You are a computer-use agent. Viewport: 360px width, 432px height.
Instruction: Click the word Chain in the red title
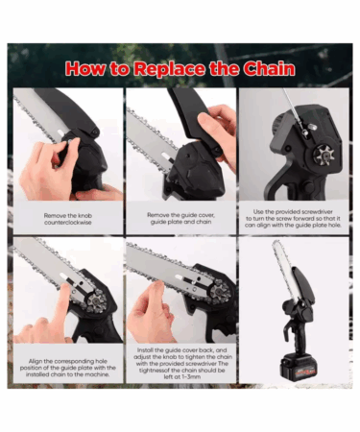pos(269,68)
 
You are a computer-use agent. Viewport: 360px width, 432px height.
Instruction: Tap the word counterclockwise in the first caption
pos(68,223)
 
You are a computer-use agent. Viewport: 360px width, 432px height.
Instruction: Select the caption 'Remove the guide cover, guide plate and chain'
pos(180,218)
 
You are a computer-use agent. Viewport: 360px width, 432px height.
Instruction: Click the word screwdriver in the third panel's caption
pos(312,212)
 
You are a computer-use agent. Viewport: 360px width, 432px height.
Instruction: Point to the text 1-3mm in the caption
pos(182,377)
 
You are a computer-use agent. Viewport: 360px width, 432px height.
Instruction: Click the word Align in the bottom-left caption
pos(36,361)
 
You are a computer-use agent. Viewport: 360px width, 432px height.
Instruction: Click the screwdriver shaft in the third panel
pos(293,108)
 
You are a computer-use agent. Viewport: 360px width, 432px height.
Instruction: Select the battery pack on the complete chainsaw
pos(299,367)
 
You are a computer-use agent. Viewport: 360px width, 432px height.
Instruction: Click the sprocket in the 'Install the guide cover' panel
pos(220,290)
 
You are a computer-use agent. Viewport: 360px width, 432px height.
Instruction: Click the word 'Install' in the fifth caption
pos(145,350)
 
